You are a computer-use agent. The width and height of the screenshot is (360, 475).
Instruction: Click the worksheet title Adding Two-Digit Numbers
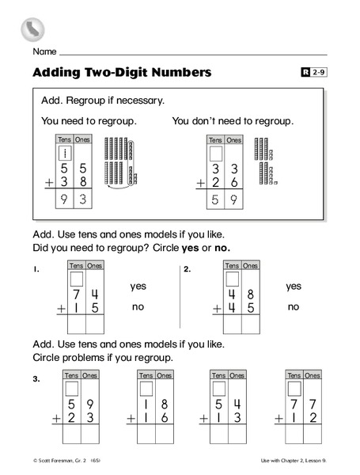[122, 73]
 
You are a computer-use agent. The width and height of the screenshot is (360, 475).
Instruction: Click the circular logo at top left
[32, 29]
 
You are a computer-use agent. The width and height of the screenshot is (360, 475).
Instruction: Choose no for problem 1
[138, 306]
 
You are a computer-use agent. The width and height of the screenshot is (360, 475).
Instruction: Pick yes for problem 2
[294, 287]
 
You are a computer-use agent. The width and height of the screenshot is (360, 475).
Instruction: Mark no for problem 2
[294, 306]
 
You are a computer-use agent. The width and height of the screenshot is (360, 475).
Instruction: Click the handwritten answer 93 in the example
[73, 201]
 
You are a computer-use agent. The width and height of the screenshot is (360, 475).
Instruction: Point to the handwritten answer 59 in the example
[224, 201]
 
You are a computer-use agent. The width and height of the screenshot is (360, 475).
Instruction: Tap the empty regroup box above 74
[76, 279]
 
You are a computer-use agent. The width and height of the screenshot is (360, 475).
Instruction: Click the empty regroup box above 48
[232, 279]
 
